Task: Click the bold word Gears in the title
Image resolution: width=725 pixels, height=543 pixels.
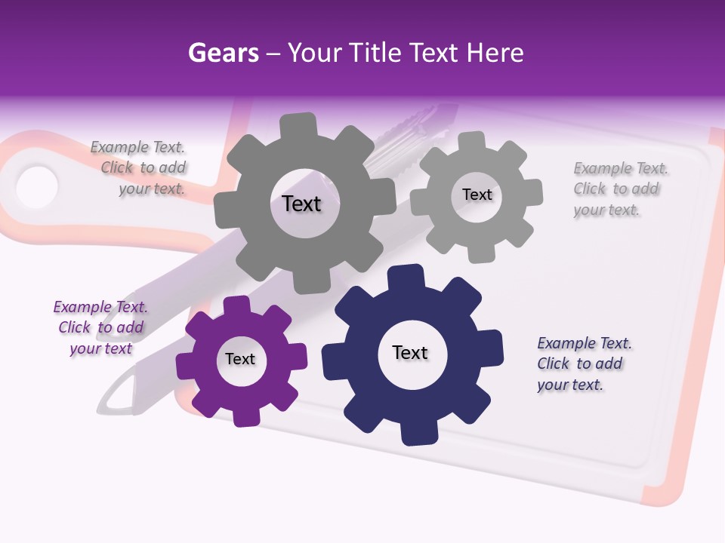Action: (224, 53)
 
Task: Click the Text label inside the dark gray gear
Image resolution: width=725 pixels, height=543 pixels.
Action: (301, 204)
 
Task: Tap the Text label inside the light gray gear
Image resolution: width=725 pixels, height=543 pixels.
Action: (477, 195)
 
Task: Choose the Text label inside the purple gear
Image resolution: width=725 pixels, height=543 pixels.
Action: (240, 359)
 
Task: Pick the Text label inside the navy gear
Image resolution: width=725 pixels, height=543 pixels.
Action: (410, 352)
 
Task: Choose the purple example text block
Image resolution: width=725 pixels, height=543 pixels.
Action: (101, 327)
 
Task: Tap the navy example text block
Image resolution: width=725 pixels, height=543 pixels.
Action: (583, 364)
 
